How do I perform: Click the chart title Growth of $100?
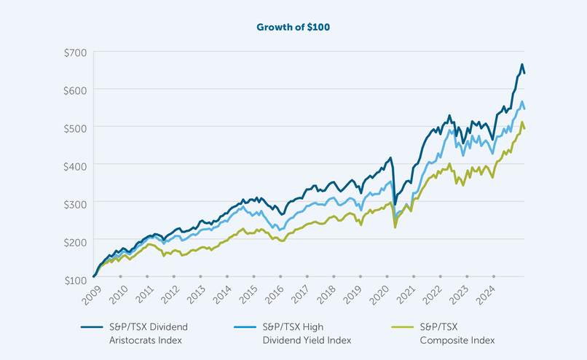pyautogui.click(x=293, y=28)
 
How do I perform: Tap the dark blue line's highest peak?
pyautogui.click(x=521, y=65)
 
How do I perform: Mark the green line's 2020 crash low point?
pyautogui.click(x=395, y=227)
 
